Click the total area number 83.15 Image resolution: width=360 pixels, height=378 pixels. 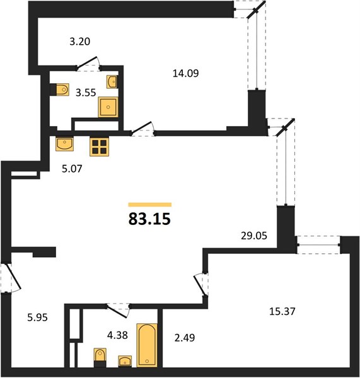click(149, 219)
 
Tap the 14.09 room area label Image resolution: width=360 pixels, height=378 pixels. click(185, 73)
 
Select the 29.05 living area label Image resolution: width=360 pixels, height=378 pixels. click(254, 236)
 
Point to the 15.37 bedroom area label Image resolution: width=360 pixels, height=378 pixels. click(282, 311)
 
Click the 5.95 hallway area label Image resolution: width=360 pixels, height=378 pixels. click(37, 318)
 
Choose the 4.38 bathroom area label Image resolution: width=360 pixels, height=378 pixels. click(117, 335)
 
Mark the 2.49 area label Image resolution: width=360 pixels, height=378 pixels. click(185, 338)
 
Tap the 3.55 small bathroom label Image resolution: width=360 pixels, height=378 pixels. click(86, 93)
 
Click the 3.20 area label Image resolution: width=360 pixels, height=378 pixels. click(80, 42)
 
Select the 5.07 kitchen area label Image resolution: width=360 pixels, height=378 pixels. click(72, 169)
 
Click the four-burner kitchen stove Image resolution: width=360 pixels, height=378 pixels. click(99, 147)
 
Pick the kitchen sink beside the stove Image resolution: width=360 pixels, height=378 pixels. click(64, 144)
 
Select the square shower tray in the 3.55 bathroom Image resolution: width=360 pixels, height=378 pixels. click(108, 107)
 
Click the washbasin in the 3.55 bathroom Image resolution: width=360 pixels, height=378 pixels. click(112, 82)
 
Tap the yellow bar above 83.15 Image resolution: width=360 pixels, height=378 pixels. click(150, 205)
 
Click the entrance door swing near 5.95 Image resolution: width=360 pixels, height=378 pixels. click(11, 278)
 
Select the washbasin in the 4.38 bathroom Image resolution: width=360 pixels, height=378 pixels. click(125, 361)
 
